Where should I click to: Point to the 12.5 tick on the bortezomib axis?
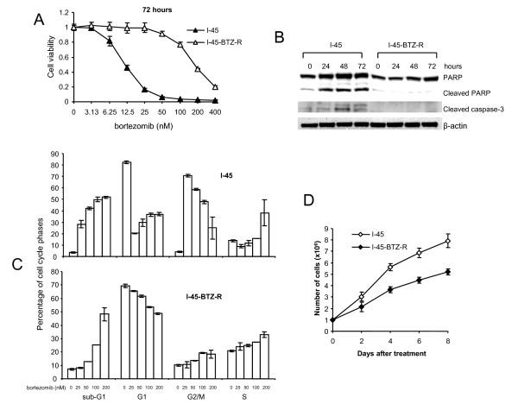(x=127, y=111)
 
